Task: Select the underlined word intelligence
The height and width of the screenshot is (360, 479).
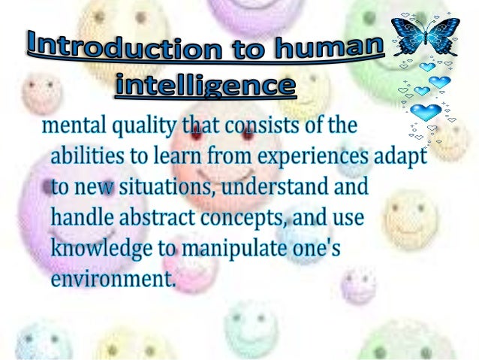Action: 204,84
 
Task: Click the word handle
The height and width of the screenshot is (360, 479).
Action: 83,218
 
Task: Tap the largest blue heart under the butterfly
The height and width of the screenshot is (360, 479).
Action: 426,113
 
